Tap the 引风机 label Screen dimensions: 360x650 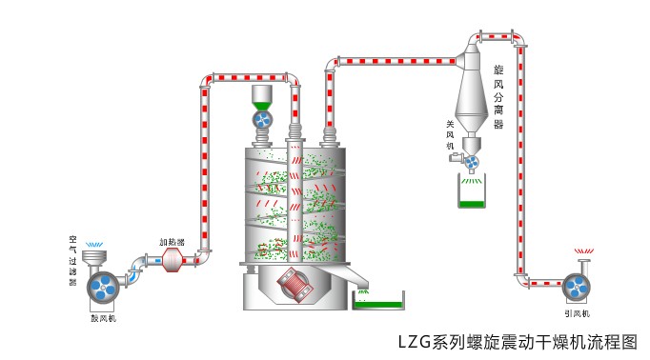577,313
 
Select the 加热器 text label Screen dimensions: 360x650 171,242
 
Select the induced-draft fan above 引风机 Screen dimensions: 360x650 577,287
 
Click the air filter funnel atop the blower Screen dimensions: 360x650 94,256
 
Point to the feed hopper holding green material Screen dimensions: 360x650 263,95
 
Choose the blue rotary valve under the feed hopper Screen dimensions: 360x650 263,119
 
